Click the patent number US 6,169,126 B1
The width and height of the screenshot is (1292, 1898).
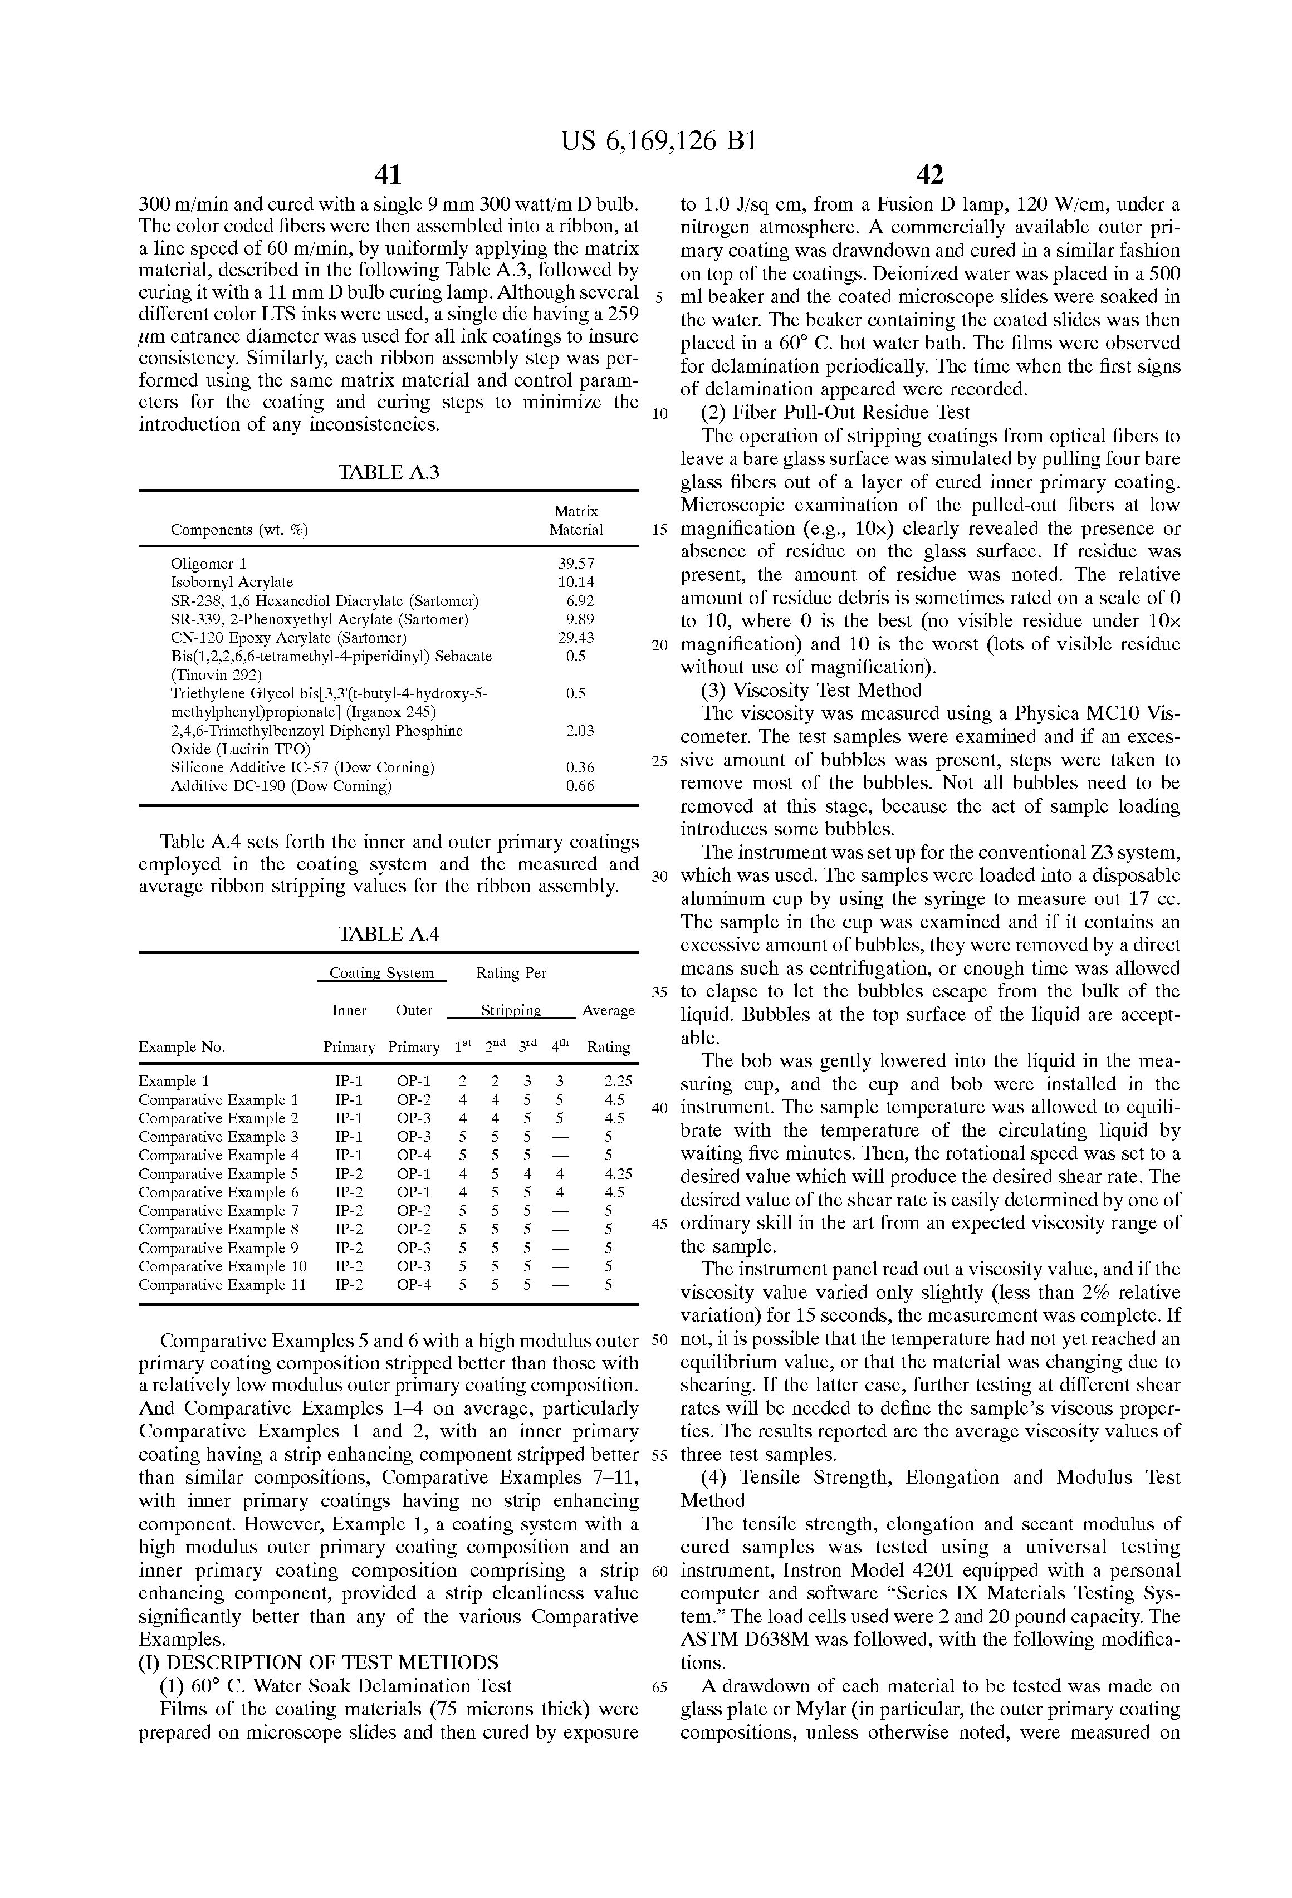pyautogui.click(x=659, y=141)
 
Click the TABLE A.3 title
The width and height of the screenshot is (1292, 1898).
pyautogui.click(x=389, y=472)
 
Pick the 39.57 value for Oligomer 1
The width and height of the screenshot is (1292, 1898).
pyautogui.click(x=576, y=564)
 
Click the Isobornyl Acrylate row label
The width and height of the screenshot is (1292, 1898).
pyautogui.click(x=232, y=583)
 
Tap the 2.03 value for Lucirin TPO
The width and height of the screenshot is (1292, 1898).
pyautogui.click(x=580, y=731)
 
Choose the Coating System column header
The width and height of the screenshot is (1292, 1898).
pyautogui.click(x=381, y=974)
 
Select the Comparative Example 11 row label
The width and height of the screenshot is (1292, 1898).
pyautogui.click(x=222, y=1285)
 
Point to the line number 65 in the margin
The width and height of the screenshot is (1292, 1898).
pyautogui.click(x=660, y=1687)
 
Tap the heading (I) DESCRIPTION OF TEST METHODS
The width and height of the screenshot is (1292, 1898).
pyautogui.click(x=319, y=1663)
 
